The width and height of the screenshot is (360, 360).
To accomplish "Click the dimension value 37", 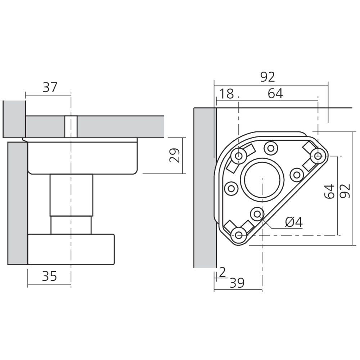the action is (x=50, y=87).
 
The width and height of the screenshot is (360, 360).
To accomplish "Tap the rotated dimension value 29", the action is (x=175, y=156).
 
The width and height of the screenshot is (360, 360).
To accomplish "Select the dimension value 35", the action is (x=49, y=276).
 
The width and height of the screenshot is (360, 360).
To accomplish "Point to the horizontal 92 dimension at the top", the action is (x=268, y=77).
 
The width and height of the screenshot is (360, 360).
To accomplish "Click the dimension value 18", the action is (x=226, y=94).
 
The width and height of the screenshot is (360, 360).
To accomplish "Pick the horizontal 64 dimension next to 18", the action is (x=275, y=94).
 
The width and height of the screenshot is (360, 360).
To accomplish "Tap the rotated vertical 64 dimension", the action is (x=329, y=191).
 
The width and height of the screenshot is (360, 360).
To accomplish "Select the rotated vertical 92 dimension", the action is (x=345, y=191).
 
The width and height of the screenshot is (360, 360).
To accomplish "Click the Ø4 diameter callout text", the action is (x=294, y=222).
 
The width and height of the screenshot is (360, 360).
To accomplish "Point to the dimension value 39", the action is (x=237, y=283).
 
